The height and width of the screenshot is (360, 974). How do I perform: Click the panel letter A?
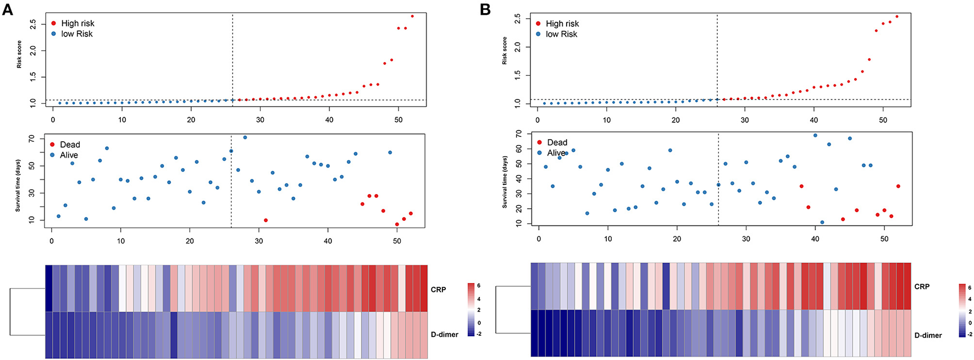tap(7, 9)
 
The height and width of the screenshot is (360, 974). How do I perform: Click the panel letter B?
tap(485, 9)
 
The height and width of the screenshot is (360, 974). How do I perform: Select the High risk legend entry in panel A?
tap(78, 23)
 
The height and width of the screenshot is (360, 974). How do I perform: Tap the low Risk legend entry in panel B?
tap(561, 34)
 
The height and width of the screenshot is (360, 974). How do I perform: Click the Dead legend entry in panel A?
tap(70, 145)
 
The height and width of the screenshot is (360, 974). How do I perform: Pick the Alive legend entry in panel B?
tap(556, 153)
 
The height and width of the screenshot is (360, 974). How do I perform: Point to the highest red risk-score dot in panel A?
tap(412, 16)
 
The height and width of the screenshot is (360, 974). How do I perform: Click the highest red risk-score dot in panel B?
tap(897, 16)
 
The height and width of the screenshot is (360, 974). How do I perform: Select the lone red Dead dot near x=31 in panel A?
tap(265, 220)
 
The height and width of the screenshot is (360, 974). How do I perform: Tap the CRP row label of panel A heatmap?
tap(438, 290)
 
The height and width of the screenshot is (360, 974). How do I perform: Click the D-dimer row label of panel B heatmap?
tap(928, 335)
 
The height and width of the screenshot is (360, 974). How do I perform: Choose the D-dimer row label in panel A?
tap(444, 334)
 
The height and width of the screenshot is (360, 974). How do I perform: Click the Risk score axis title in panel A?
tap(19, 54)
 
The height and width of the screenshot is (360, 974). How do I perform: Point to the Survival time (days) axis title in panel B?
tap(505, 182)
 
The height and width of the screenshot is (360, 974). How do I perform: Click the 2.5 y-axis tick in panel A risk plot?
tap(33, 24)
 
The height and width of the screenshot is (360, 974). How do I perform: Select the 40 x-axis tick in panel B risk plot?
tap(813, 120)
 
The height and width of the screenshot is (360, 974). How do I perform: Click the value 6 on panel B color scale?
tap(970, 287)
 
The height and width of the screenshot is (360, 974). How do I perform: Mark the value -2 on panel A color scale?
tap(479, 334)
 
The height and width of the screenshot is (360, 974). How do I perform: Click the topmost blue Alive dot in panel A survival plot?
tap(245, 137)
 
